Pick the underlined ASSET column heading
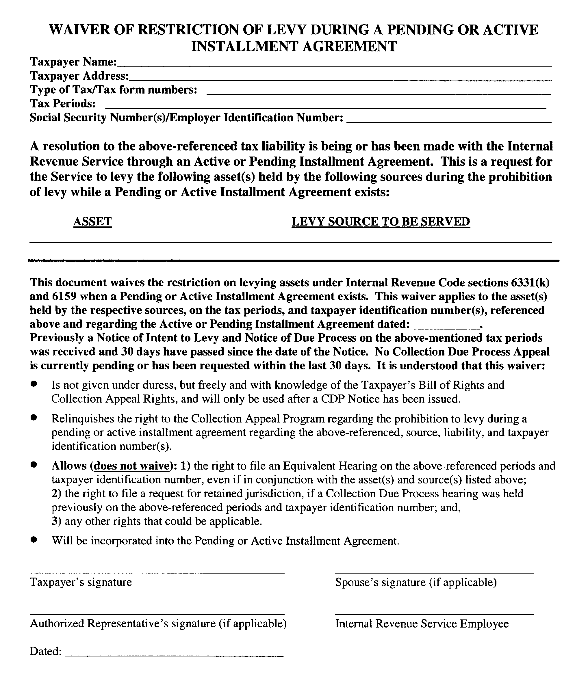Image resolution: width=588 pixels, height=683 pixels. click(x=92, y=222)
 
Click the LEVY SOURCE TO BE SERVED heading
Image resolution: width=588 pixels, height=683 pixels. click(x=381, y=222)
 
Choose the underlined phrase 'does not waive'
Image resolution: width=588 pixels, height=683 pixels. click(x=131, y=466)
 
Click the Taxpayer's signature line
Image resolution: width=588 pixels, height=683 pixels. click(x=157, y=572)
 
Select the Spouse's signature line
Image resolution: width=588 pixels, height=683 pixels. click(x=434, y=572)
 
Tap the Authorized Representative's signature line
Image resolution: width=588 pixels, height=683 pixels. click(x=157, y=613)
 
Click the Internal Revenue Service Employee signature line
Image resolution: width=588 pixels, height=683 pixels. click(x=434, y=613)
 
